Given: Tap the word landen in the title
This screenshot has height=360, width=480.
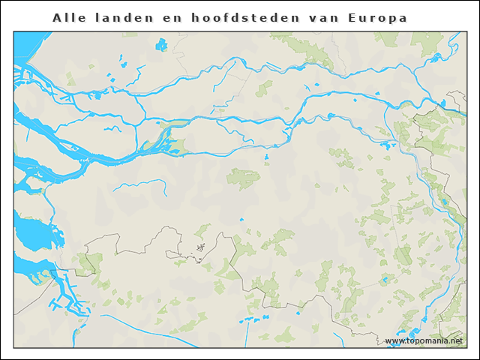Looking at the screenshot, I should pos(122,17).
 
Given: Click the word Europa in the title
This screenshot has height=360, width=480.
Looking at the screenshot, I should pos(379,17).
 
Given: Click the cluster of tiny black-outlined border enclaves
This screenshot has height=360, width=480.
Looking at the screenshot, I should pos(199,248).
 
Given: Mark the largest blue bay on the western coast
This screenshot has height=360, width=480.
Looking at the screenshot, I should pos(34,233).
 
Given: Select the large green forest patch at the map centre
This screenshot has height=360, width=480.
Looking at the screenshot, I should pos(244,178).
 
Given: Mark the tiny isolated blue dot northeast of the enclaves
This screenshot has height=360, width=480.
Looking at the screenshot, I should pos(241,219).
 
